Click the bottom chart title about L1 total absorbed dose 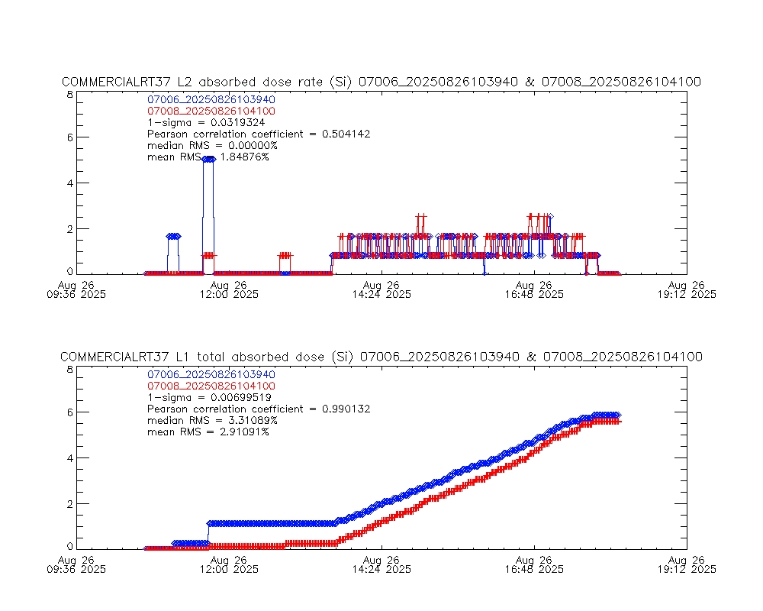pyautogui.click(x=381, y=357)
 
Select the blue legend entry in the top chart pyautogui.click(x=211, y=99)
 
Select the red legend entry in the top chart pyautogui.click(x=211, y=111)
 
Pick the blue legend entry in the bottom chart pyautogui.click(x=211, y=374)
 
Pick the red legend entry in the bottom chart pyautogui.click(x=211, y=386)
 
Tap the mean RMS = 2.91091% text pyautogui.click(x=208, y=432)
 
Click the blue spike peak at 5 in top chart pyautogui.click(x=208, y=159)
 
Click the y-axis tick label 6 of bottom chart pyautogui.click(x=69, y=412)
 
